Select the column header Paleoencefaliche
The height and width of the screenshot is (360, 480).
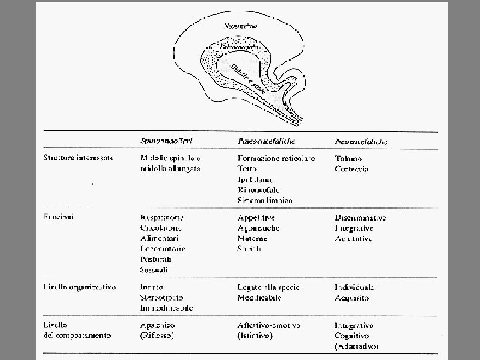point(266,142)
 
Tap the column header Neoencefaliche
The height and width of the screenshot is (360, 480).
point(362,142)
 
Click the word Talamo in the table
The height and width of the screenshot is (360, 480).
point(349,159)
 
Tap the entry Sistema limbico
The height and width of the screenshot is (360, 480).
point(265,200)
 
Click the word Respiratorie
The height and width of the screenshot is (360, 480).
point(163,217)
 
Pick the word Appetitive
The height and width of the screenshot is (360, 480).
point(257,217)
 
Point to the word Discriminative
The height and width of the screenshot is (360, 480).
point(361,217)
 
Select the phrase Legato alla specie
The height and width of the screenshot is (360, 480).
point(269,287)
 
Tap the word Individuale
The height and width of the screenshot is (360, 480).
point(355,287)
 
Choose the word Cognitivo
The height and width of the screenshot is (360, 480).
point(353,335)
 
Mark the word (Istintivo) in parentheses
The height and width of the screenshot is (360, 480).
point(255,335)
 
